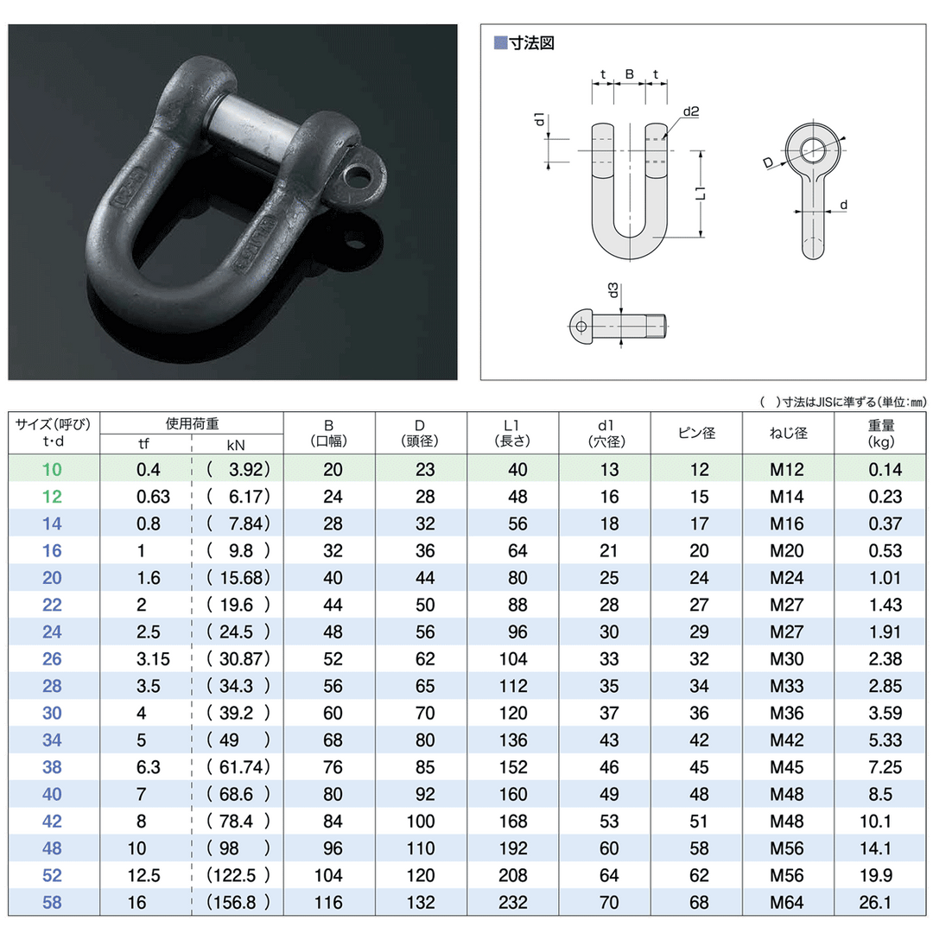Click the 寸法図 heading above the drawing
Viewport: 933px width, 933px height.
pos(529,42)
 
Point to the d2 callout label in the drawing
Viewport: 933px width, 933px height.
pos(690,111)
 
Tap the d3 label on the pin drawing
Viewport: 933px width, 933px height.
pos(612,291)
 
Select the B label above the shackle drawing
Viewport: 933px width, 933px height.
pos(630,75)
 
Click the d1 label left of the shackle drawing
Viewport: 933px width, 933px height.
pos(538,120)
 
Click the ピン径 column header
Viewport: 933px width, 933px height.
pos(696,432)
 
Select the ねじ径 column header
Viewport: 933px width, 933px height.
pos(788,432)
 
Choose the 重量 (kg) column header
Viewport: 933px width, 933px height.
pos(882,433)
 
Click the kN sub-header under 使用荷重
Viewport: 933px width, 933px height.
pos(236,445)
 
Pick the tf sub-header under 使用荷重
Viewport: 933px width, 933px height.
pos(143,445)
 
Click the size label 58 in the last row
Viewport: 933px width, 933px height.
pos(53,902)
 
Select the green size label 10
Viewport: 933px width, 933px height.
pos(53,469)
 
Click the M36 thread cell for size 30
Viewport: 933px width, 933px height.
pos(787,713)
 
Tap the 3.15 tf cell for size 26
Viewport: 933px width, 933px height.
pos(154,659)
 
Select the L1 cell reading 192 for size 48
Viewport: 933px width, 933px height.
pos(512,848)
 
